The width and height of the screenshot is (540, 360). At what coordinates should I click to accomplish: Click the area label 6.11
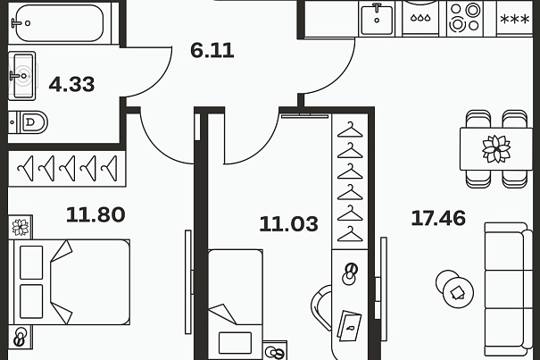pyautogui.click(x=212, y=51)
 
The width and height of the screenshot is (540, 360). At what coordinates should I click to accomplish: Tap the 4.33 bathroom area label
pyautogui.click(x=71, y=85)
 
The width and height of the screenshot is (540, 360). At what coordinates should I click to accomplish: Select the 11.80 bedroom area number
pyautogui.click(x=96, y=214)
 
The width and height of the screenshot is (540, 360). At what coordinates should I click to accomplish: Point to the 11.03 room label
pyautogui.click(x=288, y=224)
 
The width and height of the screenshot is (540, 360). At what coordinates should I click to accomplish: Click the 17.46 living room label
pyautogui.click(x=438, y=218)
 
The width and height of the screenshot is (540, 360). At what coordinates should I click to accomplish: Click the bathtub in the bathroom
pyautogui.click(x=60, y=23)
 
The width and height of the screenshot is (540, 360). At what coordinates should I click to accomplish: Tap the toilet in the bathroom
pyautogui.click(x=29, y=121)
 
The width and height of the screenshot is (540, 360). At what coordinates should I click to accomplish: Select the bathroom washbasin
pyautogui.click(x=22, y=76)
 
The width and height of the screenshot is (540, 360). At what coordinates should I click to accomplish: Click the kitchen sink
pyautogui.click(x=377, y=19)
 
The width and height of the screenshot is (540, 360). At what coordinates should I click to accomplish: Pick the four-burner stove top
pyautogui.click(x=465, y=17)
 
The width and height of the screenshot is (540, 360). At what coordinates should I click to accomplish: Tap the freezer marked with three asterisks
pyautogui.click(x=514, y=20)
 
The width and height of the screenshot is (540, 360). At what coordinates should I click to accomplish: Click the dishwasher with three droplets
pyautogui.click(x=420, y=18)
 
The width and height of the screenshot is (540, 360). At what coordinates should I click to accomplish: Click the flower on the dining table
pyautogui.click(x=496, y=148)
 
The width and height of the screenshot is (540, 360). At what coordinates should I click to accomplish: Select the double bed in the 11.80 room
pyautogui.click(x=70, y=282)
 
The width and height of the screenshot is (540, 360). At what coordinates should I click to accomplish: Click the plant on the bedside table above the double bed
pyautogui.click(x=21, y=227)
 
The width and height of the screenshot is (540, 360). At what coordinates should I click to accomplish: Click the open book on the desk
pyautogui.click(x=349, y=325)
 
